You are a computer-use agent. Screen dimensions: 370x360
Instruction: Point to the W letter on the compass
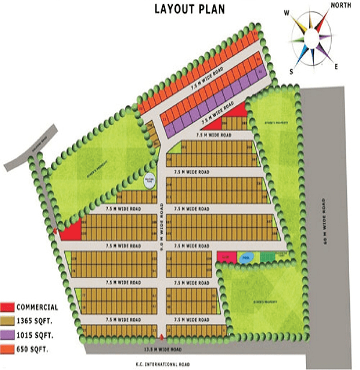click(x=286, y=12)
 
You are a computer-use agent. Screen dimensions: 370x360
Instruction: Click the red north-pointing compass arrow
click(x=322, y=23)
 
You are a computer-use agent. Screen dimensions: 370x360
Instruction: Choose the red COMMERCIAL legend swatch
click(x=8, y=307)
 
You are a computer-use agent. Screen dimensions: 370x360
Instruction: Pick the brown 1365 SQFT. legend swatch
click(x=8, y=321)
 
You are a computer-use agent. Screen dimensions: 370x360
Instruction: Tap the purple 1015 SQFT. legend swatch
click(x=8, y=335)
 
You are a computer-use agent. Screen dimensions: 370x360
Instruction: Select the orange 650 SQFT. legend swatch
click(x=8, y=348)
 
